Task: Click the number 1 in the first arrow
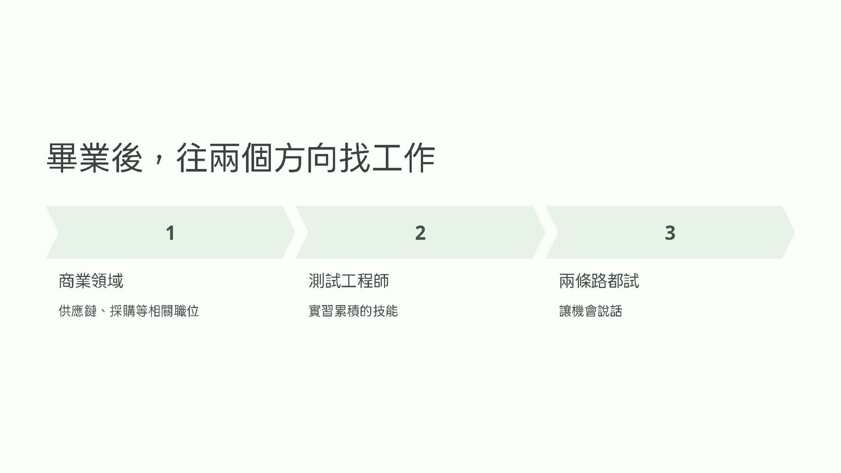tap(170, 233)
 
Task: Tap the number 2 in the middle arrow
tap(420, 233)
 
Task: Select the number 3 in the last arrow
tap(670, 233)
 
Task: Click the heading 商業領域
tap(91, 281)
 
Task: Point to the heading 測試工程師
tap(349, 281)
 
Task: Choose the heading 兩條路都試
tap(599, 281)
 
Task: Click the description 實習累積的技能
tap(353, 311)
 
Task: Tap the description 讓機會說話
tap(590, 311)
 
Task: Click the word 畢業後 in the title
tap(95, 158)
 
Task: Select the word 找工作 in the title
tap(387, 158)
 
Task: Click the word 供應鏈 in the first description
tap(78, 311)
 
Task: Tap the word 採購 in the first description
tap(123, 311)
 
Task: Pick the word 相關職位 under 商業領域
tap(174, 311)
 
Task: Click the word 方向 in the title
tap(306, 158)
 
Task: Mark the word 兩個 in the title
tap(241, 158)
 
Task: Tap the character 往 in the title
tap(192, 158)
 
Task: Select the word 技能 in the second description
tap(385, 311)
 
